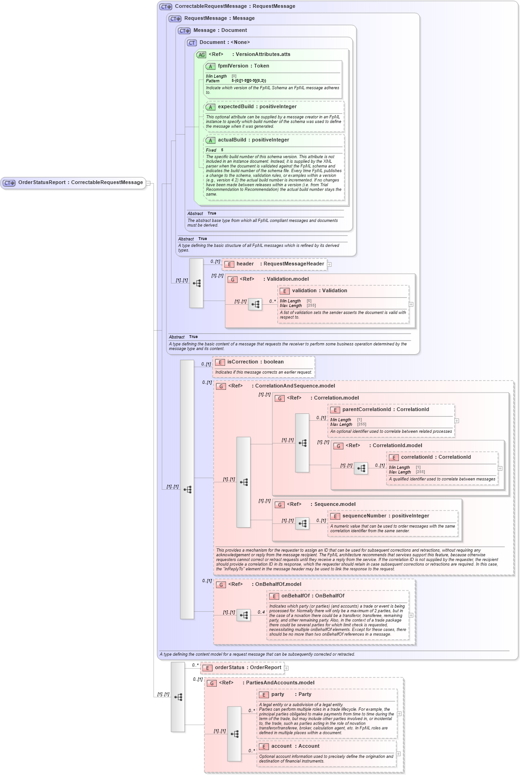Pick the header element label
pos(245,264)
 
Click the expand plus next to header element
pos(330,264)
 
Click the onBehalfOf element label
pos(312,596)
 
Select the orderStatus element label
pos(248,668)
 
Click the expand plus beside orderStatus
pos(286,668)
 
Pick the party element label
pos(278,695)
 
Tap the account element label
pos(281,746)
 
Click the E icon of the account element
pos(263,747)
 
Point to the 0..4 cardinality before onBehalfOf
pos(261,612)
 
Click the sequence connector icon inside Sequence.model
pos(302,523)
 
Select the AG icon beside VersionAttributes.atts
pos(201,55)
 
